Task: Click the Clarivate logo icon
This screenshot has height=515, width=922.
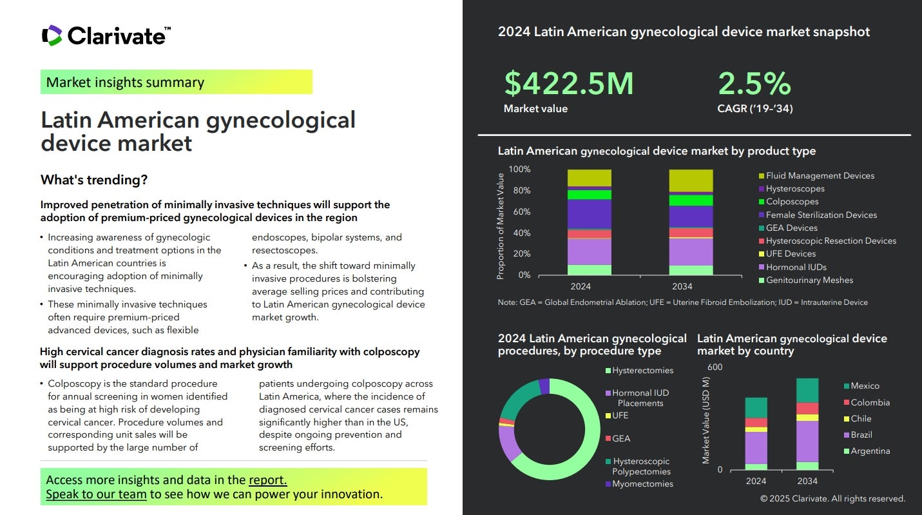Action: pyautogui.click(x=52, y=35)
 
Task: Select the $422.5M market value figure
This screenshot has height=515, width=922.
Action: pyautogui.click(x=569, y=84)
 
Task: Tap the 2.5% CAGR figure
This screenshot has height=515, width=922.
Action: pyautogui.click(x=754, y=84)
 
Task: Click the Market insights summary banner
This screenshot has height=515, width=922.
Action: pyautogui.click(x=176, y=83)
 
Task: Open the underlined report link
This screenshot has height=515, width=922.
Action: pyautogui.click(x=267, y=480)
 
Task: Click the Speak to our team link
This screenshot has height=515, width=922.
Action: pyautogui.click(x=96, y=494)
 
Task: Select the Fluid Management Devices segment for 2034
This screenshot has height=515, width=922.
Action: pyautogui.click(x=691, y=180)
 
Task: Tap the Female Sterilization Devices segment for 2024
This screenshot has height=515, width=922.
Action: pyautogui.click(x=589, y=214)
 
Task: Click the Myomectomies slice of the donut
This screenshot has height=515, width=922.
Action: pyautogui.click(x=544, y=385)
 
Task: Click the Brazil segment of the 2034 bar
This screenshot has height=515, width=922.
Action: pyautogui.click(x=807, y=442)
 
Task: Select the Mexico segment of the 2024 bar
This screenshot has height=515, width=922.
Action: pyautogui.click(x=756, y=407)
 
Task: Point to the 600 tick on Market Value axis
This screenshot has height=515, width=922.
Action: pyautogui.click(x=715, y=367)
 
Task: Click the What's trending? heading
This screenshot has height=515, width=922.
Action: pyautogui.click(x=94, y=180)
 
